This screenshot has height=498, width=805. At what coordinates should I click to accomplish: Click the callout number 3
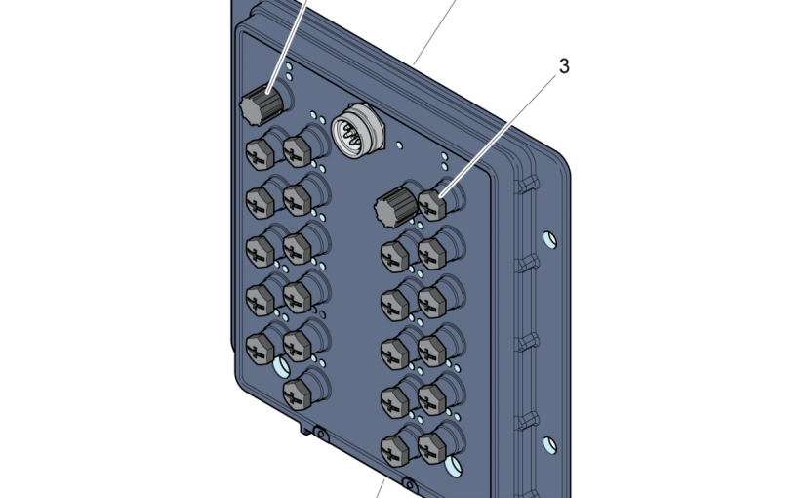[x=564, y=66]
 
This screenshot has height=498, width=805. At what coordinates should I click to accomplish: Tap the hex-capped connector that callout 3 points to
[x=433, y=203]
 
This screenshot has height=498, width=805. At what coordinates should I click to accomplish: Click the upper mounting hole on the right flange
[x=549, y=239]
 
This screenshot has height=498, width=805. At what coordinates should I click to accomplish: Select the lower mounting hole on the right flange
[x=549, y=445]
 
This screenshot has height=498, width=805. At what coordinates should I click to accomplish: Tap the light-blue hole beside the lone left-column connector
[x=281, y=366]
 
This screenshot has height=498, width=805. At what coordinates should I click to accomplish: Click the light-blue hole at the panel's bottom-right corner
[x=454, y=466]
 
